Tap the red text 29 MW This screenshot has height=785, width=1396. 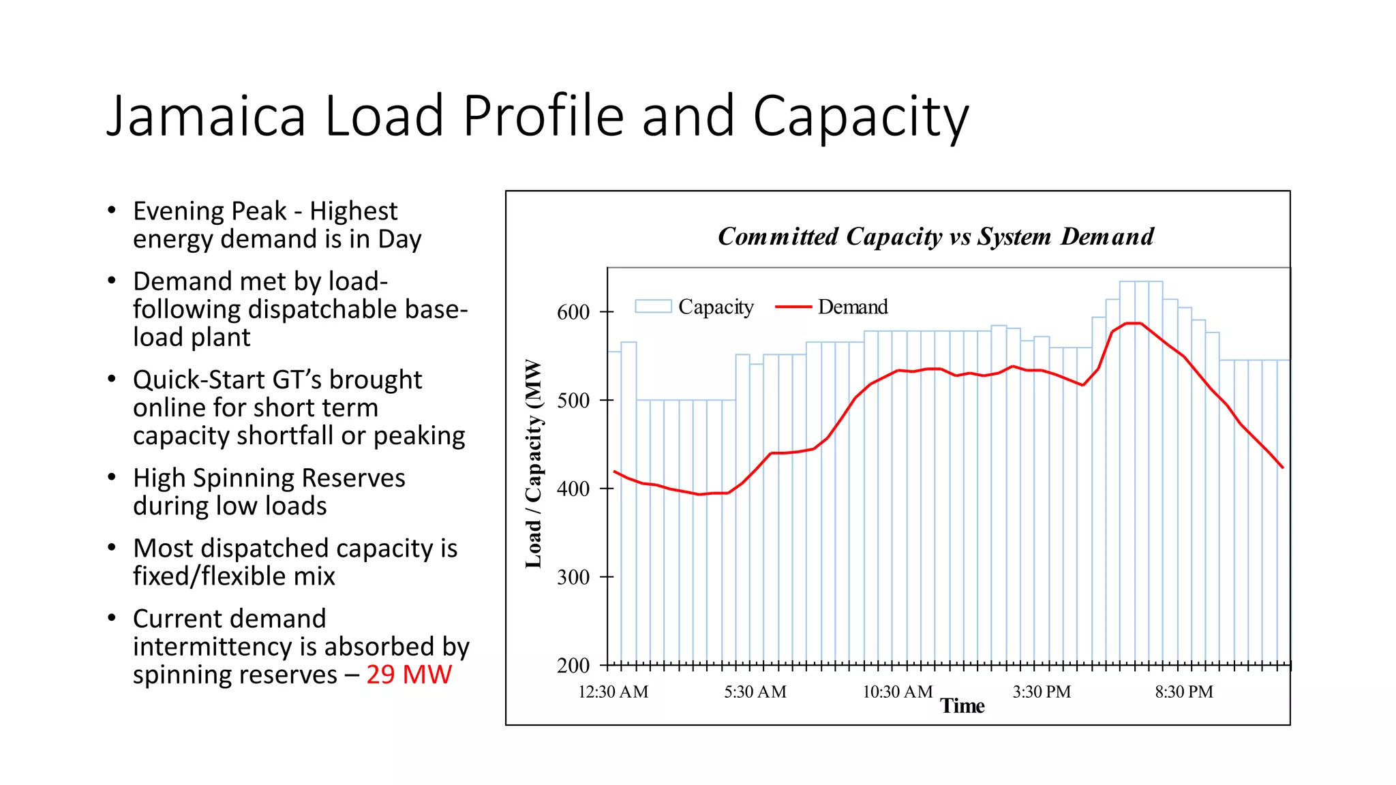pyautogui.click(x=409, y=675)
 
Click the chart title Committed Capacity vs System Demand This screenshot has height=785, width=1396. pyautogui.click(x=935, y=236)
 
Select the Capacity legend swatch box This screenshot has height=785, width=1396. pyautogui.click(x=653, y=307)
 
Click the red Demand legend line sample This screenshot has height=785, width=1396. pyautogui.click(x=793, y=307)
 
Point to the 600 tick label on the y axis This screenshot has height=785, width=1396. pyautogui.click(x=573, y=312)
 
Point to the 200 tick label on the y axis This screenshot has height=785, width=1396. pyautogui.click(x=573, y=666)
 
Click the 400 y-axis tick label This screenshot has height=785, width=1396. pyautogui.click(x=573, y=489)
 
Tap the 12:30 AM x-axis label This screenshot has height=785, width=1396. pyautogui.click(x=613, y=692)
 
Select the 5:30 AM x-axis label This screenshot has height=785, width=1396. pyautogui.click(x=755, y=692)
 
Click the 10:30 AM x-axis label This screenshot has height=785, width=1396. pyautogui.click(x=897, y=692)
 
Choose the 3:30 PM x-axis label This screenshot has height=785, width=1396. pyautogui.click(x=1041, y=692)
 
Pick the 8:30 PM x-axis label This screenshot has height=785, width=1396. pyautogui.click(x=1183, y=692)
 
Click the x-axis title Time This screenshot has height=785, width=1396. pyautogui.click(x=962, y=706)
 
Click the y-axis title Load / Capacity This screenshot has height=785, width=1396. pyautogui.click(x=533, y=463)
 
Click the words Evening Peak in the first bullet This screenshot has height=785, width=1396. pyautogui.click(x=209, y=211)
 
